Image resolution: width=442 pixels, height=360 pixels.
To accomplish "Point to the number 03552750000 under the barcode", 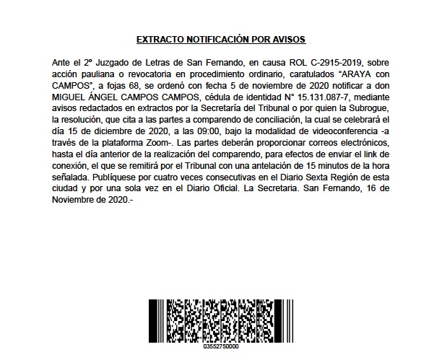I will coord(220,347).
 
